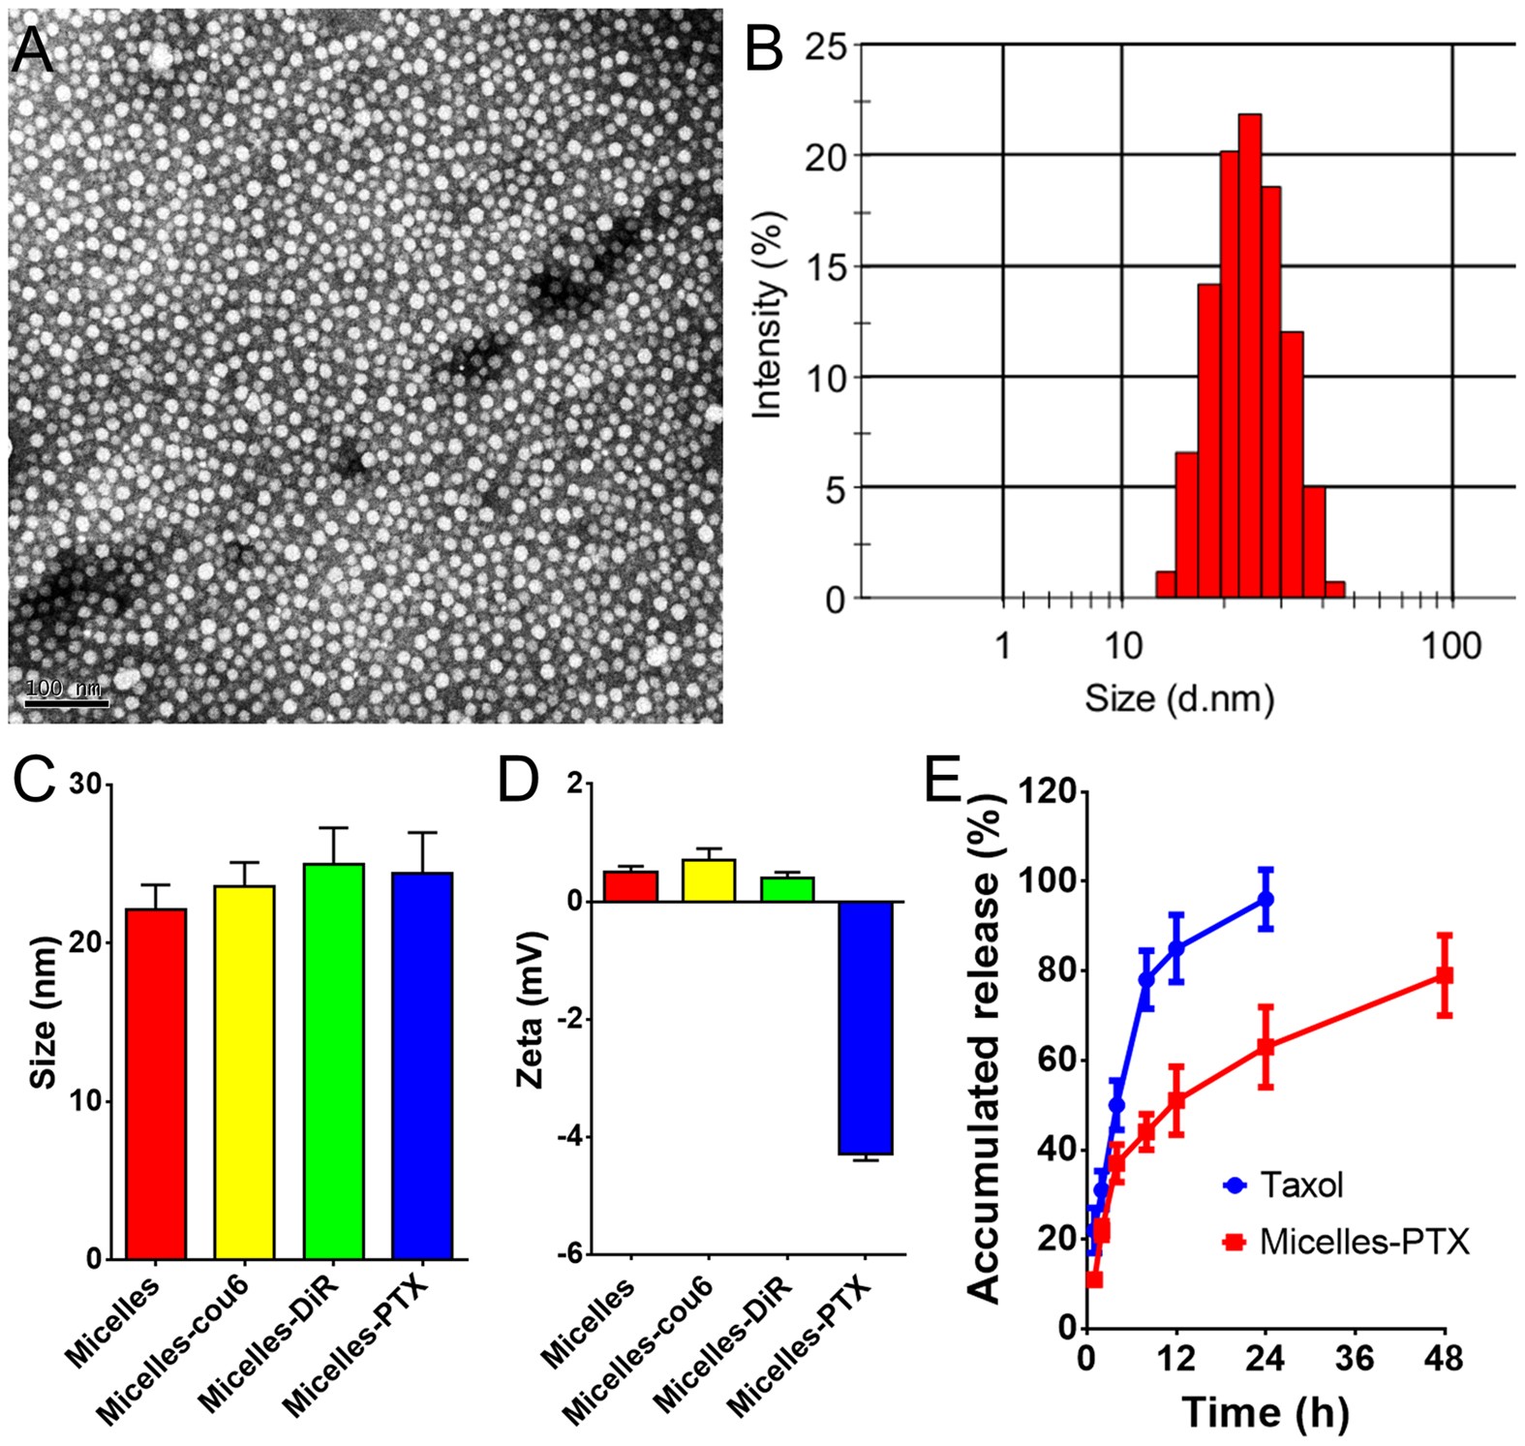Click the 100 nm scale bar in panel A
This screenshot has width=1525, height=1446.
[x=65, y=701]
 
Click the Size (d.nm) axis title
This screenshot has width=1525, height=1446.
[x=1178, y=697]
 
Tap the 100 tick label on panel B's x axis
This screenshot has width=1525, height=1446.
[x=1450, y=646]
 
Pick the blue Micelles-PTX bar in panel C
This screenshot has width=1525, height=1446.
[x=422, y=1065]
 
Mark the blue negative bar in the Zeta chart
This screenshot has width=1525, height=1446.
[x=866, y=1028]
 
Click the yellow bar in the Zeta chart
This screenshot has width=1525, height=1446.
[x=709, y=880]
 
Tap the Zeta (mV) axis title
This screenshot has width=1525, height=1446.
[x=532, y=1009]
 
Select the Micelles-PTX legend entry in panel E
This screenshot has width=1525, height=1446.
[x=1346, y=1242]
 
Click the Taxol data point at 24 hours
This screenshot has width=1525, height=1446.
[x=1265, y=900]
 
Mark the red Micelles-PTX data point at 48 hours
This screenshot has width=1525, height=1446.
[x=1444, y=975]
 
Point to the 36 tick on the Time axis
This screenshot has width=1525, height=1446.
[x=1354, y=1359]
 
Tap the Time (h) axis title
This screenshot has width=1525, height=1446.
[x=1265, y=1411]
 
